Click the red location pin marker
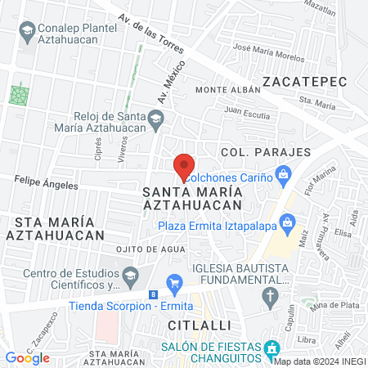point(185,167)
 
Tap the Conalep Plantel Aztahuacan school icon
point(28,30)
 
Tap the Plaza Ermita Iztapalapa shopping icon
point(287,222)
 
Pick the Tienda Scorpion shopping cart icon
point(173,283)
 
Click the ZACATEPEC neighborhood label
point(305,81)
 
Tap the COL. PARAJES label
point(266,152)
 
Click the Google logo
point(28,357)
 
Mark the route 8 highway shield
point(154,294)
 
